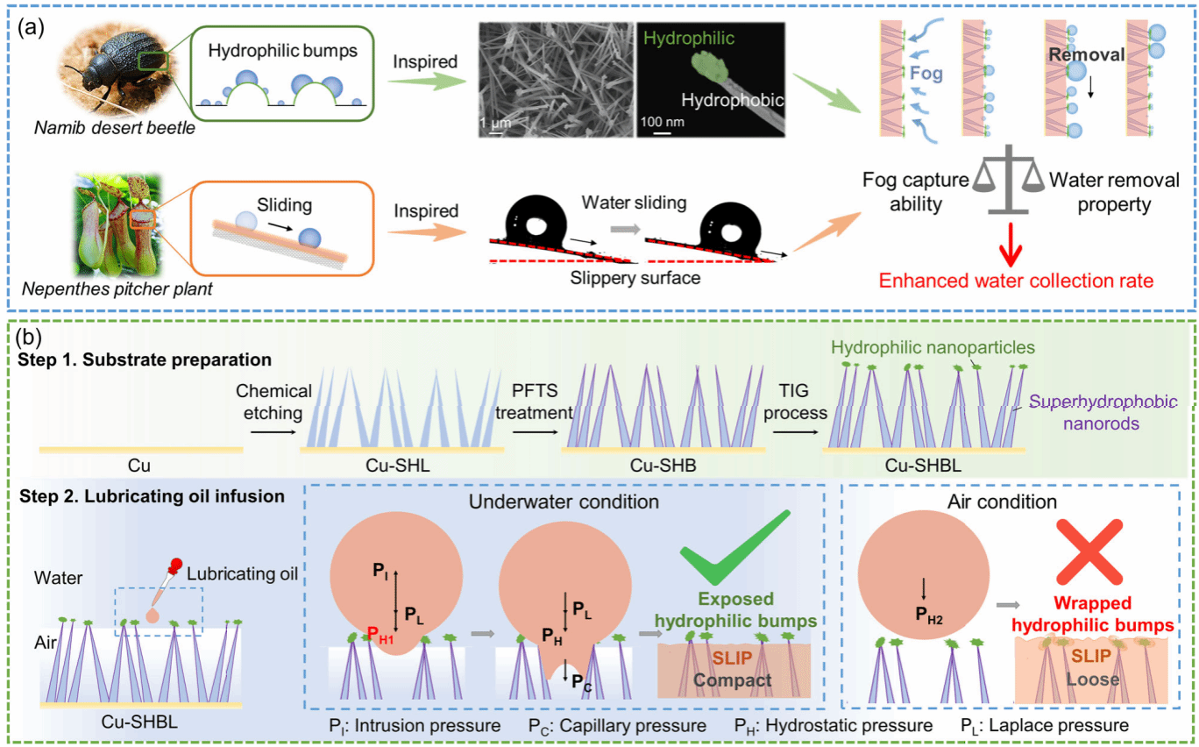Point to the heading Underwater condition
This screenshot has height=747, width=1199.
[x=564, y=503]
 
